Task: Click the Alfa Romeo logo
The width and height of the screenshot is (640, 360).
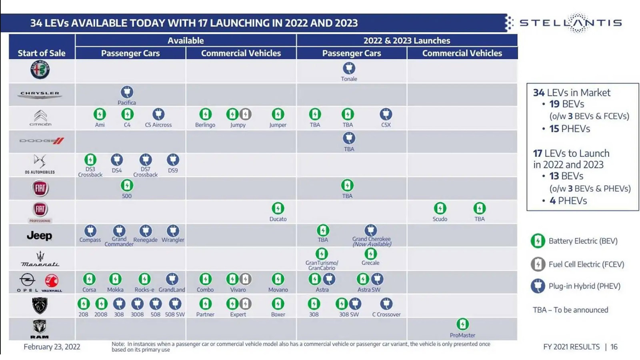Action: (40, 70)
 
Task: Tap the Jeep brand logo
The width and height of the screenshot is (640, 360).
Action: (39, 236)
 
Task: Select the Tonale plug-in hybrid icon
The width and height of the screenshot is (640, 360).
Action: (349, 68)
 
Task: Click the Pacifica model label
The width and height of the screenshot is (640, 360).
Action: (126, 103)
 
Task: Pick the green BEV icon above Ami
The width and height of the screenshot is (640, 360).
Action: (100, 114)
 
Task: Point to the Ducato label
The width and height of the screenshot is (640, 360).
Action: (278, 219)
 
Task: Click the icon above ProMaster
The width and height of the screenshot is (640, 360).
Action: (462, 324)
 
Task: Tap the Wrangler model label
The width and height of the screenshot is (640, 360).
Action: (173, 240)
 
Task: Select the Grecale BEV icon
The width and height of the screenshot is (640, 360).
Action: (370, 254)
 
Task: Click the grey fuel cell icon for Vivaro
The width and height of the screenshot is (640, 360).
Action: (246, 279)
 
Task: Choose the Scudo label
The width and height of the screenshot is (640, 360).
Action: (440, 219)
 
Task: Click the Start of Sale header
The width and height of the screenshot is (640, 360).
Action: (42, 53)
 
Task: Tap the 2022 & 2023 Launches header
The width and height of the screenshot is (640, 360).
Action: (406, 40)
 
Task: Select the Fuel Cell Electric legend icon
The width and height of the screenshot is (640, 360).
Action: (538, 264)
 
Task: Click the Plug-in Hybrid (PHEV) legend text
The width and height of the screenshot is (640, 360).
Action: (584, 286)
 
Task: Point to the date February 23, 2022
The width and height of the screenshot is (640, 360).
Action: (52, 347)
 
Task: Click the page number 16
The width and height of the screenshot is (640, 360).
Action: (614, 347)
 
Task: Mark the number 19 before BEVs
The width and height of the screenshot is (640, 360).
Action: (554, 104)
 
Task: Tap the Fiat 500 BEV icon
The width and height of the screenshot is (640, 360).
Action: (127, 186)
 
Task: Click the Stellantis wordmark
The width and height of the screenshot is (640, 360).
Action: (570, 23)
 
